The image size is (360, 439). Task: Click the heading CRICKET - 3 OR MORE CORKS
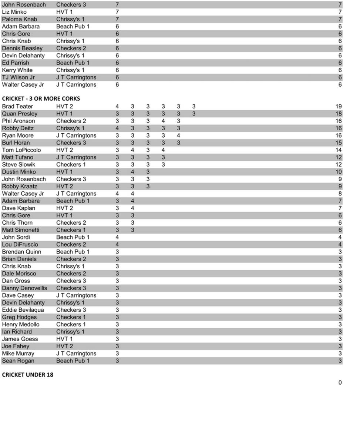click(41, 99)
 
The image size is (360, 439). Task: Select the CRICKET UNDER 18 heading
click(28, 375)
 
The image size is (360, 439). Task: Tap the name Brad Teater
click(17, 107)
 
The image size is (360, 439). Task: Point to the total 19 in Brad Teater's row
click(338, 107)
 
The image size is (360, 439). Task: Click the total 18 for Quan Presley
click(338, 114)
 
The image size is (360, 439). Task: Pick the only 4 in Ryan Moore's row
click(178, 135)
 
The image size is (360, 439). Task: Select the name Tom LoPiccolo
click(21, 150)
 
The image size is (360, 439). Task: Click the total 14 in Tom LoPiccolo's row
click(338, 150)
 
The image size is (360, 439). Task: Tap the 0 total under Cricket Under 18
click(340, 382)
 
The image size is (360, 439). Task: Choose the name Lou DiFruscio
click(20, 245)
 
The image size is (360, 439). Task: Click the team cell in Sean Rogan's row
click(73, 361)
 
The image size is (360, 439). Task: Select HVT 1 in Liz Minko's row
click(64, 12)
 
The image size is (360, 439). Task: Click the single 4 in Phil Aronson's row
click(163, 121)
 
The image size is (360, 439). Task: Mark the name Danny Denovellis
click(24, 288)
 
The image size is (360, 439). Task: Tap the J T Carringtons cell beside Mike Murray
click(76, 353)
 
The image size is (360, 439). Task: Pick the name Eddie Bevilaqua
click(23, 310)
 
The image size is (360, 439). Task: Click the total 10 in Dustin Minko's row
click(338, 172)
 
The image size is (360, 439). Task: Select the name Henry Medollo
click(21, 325)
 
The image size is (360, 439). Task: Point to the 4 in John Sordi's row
click(117, 237)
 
